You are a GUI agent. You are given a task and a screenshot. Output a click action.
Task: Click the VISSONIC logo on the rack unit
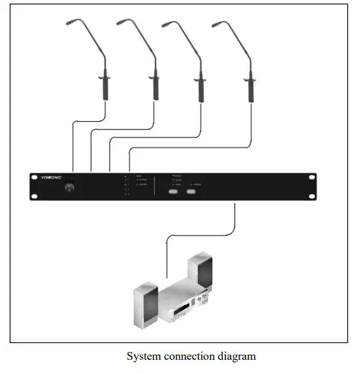(52, 177)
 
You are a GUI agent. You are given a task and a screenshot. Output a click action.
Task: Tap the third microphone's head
(167, 26)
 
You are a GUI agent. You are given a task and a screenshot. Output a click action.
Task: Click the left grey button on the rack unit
(173, 192)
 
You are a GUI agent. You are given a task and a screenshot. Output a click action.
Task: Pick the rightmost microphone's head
(216, 26)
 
